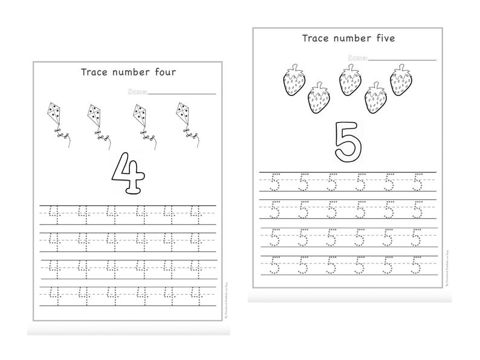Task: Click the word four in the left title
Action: pyautogui.click(x=162, y=73)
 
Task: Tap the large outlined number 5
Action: pyautogui.click(x=349, y=141)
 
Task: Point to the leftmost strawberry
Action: pyautogui.click(x=295, y=80)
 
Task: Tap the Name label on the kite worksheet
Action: pyautogui.click(x=138, y=92)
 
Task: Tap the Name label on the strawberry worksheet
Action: pyautogui.click(x=357, y=59)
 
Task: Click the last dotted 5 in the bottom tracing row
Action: pyautogui.click(x=417, y=265)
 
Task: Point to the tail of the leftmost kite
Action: pyautogui.click(x=61, y=134)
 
